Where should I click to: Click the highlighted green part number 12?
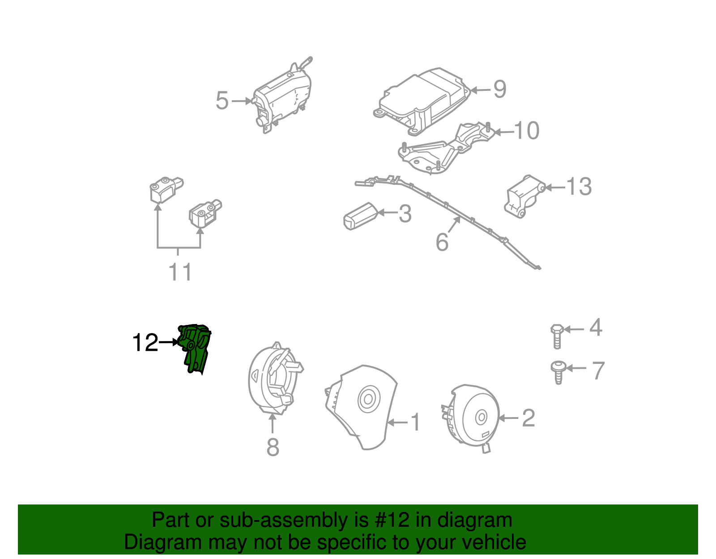pos(195,348)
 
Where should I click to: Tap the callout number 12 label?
pos(145,343)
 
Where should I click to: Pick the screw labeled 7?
pos(558,371)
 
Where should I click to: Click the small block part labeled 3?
pos(359,216)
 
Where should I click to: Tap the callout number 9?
pos(500,89)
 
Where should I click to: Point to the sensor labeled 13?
pos(524,196)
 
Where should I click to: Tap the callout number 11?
pos(180,272)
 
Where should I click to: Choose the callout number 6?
pos(442,242)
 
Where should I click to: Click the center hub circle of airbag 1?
pos(368,399)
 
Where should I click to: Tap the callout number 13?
pos(579,186)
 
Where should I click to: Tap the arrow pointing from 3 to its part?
pos(388,213)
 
